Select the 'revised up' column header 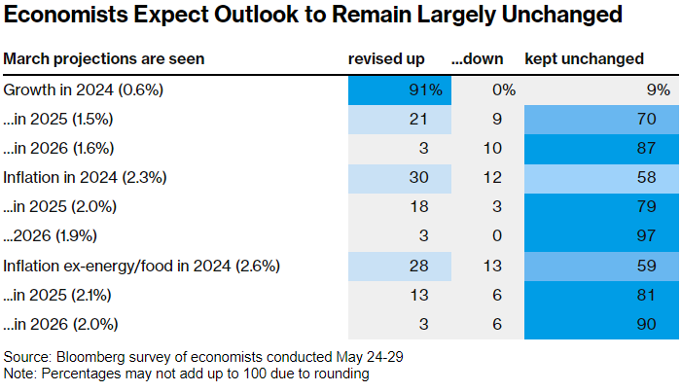386,59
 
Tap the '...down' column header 477,58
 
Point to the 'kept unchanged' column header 584,59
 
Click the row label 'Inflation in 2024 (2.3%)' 85,178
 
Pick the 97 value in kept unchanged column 646,235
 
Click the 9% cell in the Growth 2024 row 659,89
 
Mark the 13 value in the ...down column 492,266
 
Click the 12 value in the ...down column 492,177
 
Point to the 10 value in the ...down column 492,148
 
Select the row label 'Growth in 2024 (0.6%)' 83,89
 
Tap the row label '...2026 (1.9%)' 50,235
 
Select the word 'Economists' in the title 65,15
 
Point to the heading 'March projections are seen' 103,59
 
